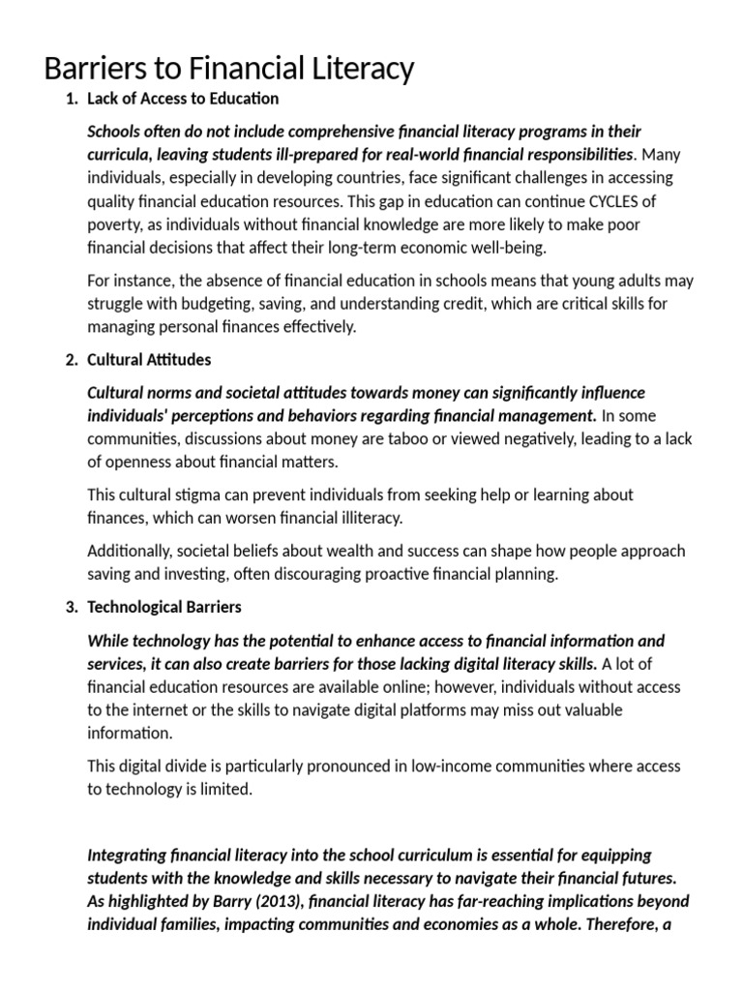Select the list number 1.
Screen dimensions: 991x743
pos(71,99)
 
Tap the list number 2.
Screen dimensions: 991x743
pos(71,360)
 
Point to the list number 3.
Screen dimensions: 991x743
pos(71,608)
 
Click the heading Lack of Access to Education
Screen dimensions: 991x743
pos(183,99)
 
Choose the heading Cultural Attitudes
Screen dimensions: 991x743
pos(149,360)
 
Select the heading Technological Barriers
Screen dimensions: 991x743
pos(164,608)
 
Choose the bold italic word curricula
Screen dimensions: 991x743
pos(118,155)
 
